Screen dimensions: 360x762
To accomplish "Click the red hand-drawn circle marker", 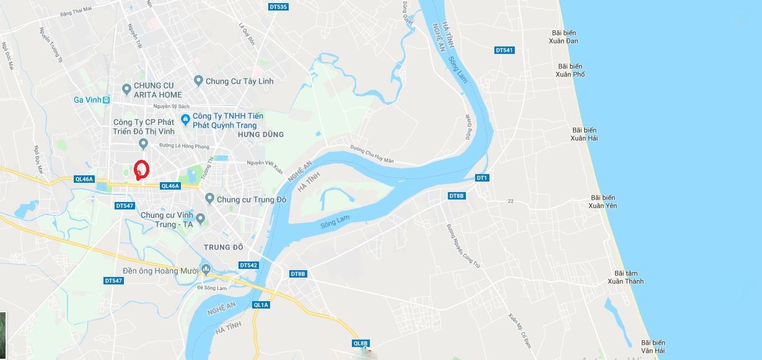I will tap(141, 169).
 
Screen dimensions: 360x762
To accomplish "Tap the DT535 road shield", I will tap(279, 7).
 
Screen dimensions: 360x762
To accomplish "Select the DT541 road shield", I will tap(504, 50).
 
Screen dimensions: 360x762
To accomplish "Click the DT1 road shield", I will tap(482, 178).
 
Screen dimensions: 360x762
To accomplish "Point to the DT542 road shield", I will tap(248, 265).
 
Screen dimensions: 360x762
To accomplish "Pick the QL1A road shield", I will tap(261, 305).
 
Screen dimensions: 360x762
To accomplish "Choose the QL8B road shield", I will tap(361, 343).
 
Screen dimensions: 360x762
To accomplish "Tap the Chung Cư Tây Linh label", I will tap(239, 81).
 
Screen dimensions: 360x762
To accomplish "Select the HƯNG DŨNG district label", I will tap(260, 134).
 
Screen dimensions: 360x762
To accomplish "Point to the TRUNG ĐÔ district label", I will tap(224, 247).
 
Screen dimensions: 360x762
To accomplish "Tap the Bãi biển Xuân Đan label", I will tap(563, 37).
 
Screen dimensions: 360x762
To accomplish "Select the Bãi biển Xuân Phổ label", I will tap(571, 70).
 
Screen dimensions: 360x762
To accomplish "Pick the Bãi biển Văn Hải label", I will tap(653, 346).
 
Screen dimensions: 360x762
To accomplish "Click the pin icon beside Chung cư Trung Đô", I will tap(209, 199).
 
